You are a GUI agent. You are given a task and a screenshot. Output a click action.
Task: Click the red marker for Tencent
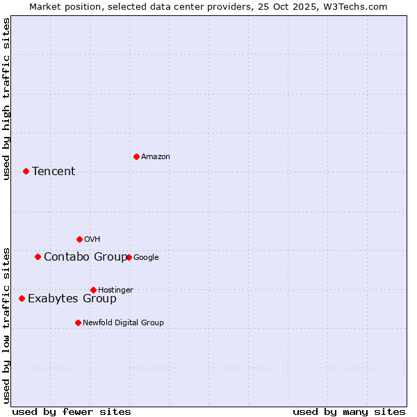click(26, 171)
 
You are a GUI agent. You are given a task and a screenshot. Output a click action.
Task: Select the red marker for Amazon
click(136, 156)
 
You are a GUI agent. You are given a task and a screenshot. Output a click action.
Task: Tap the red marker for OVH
click(79, 239)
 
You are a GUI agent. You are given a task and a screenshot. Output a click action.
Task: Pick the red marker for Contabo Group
click(38, 256)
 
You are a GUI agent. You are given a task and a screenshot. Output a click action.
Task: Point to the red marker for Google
click(129, 257)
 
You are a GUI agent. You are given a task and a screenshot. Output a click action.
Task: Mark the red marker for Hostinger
click(93, 290)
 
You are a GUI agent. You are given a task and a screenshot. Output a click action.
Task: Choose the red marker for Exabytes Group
click(22, 298)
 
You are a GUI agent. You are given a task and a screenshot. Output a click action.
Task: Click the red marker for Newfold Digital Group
click(78, 322)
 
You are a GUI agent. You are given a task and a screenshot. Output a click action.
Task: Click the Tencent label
click(54, 171)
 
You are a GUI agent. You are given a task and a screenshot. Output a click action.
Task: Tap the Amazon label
click(156, 156)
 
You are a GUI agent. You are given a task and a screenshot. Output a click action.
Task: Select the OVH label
click(92, 239)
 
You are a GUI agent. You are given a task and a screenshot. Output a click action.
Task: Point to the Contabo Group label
click(85, 256)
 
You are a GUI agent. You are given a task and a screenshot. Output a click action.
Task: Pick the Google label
click(146, 257)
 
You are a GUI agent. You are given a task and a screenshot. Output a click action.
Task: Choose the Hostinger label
click(115, 290)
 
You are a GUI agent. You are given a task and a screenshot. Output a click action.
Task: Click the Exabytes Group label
click(72, 298)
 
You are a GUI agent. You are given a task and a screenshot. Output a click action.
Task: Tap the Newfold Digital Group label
click(123, 322)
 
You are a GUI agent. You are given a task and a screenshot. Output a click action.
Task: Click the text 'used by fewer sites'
click(72, 411)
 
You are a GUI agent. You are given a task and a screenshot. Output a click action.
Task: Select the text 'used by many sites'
click(349, 411)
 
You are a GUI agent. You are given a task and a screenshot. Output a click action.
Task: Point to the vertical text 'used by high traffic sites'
click(6, 99)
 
